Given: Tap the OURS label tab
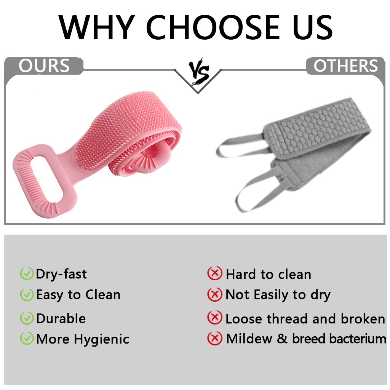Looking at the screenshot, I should coord(44,66).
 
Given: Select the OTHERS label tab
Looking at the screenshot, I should coord(345,66).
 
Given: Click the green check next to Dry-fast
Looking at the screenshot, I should coord(27,273).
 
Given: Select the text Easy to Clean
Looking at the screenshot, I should coord(78,294).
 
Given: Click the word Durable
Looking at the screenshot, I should coord(61,318).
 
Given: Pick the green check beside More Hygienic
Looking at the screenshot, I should coord(27,338).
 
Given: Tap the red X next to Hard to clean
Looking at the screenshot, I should coord(215,273).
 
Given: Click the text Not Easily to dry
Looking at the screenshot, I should coord(278,294).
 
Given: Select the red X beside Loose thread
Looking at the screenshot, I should coord(215,318).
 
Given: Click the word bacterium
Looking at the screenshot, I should coord(358,339).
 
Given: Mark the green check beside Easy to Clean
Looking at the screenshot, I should coord(27,294).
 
